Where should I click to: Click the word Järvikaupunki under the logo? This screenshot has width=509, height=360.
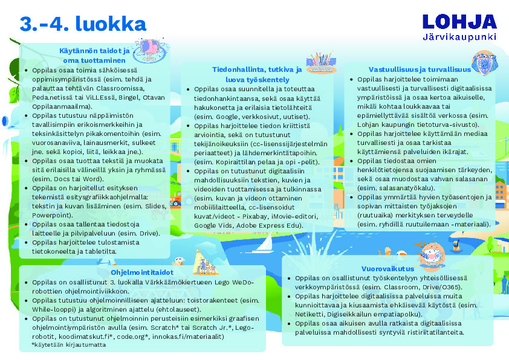tap(459, 36)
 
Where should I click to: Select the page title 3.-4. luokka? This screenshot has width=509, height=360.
tap(83, 24)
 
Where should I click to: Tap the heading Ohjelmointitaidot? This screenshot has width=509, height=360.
tap(143, 272)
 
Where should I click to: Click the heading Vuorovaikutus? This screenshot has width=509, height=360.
tap(387, 268)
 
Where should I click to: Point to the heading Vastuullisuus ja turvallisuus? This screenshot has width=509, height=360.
tap(411, 69)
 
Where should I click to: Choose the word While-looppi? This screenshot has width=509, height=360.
tap(53, 308)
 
